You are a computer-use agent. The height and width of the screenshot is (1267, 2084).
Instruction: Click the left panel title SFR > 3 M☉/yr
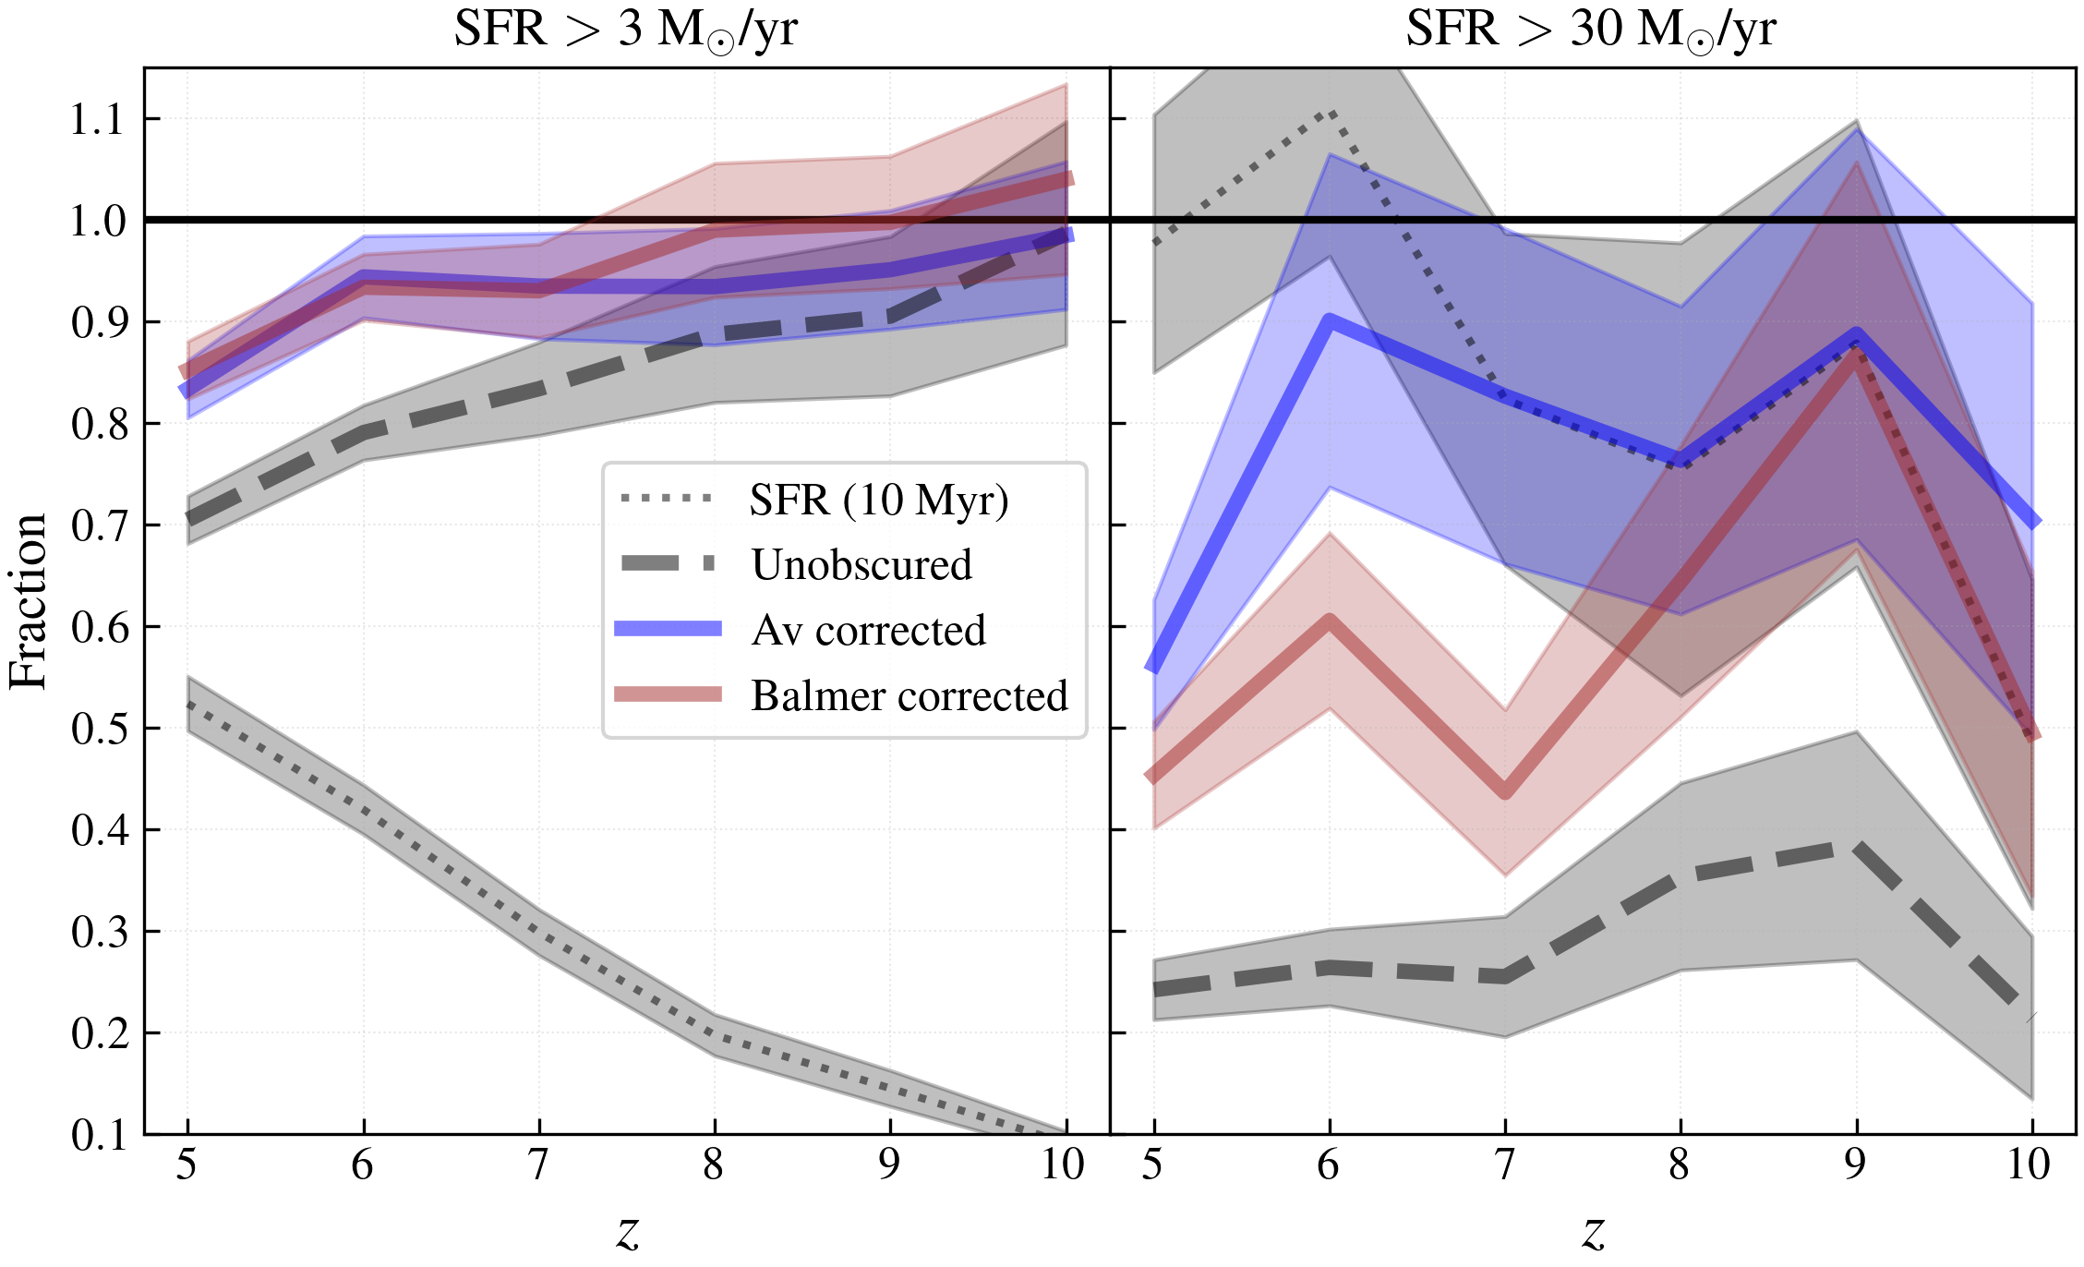[x=625, y=30]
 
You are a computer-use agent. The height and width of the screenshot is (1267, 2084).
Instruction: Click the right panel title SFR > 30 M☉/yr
[x=1590, y=30]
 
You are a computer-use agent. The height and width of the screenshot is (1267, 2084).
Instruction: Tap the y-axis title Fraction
[x=28, y=601]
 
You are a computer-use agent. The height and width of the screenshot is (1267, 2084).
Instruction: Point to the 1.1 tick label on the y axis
[x=98, y=119]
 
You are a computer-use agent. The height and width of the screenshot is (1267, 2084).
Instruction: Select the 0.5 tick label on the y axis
[x=98, y=729]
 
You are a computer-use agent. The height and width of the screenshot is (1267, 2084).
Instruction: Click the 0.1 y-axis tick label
[x=98, y=1135]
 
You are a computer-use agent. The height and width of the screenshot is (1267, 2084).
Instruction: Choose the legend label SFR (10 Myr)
[x=878, y=500]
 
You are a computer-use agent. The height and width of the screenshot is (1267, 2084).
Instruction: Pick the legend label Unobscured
[x=861, y=564]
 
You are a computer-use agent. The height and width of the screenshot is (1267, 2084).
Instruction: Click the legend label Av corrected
[x=868, y=630]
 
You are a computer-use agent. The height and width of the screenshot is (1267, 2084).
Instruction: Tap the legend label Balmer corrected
[x=909, y=695]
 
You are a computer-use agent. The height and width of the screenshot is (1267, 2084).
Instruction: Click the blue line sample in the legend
[x=668, y=629]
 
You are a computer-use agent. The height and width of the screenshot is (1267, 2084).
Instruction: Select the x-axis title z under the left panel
[x=628, y=1230]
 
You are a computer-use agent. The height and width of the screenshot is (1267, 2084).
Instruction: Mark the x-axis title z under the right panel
[x=1594, y=1230]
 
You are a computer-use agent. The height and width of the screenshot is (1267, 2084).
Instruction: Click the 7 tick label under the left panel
[x=538, y=1165]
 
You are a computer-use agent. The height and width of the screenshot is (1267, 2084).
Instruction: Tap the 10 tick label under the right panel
[x=2029, y=1165]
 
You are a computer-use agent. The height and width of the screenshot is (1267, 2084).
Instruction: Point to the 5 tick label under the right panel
[x=1152, y=1165]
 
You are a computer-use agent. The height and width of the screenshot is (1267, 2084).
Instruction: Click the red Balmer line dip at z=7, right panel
[x=1505, y=790]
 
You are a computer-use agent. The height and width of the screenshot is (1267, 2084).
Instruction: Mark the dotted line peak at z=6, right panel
[x=1330, y=114]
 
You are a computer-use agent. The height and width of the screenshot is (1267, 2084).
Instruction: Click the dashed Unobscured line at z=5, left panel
[x=189, y=518]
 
